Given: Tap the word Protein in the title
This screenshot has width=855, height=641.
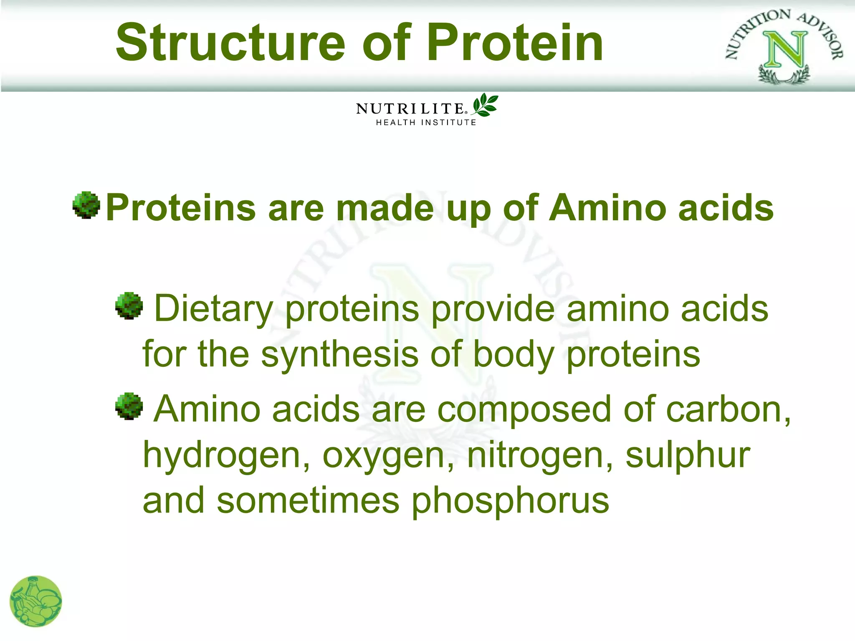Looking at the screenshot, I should pos(514,43).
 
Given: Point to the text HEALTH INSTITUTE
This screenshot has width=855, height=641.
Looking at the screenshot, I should pos(426,123).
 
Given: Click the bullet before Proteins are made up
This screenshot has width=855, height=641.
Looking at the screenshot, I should pos(86,205).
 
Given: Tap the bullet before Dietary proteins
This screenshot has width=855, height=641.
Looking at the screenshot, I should pos(129,305).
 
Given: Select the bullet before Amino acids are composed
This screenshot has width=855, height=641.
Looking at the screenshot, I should pos(129,406).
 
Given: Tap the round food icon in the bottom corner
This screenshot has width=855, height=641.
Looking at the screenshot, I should pos(36,601).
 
